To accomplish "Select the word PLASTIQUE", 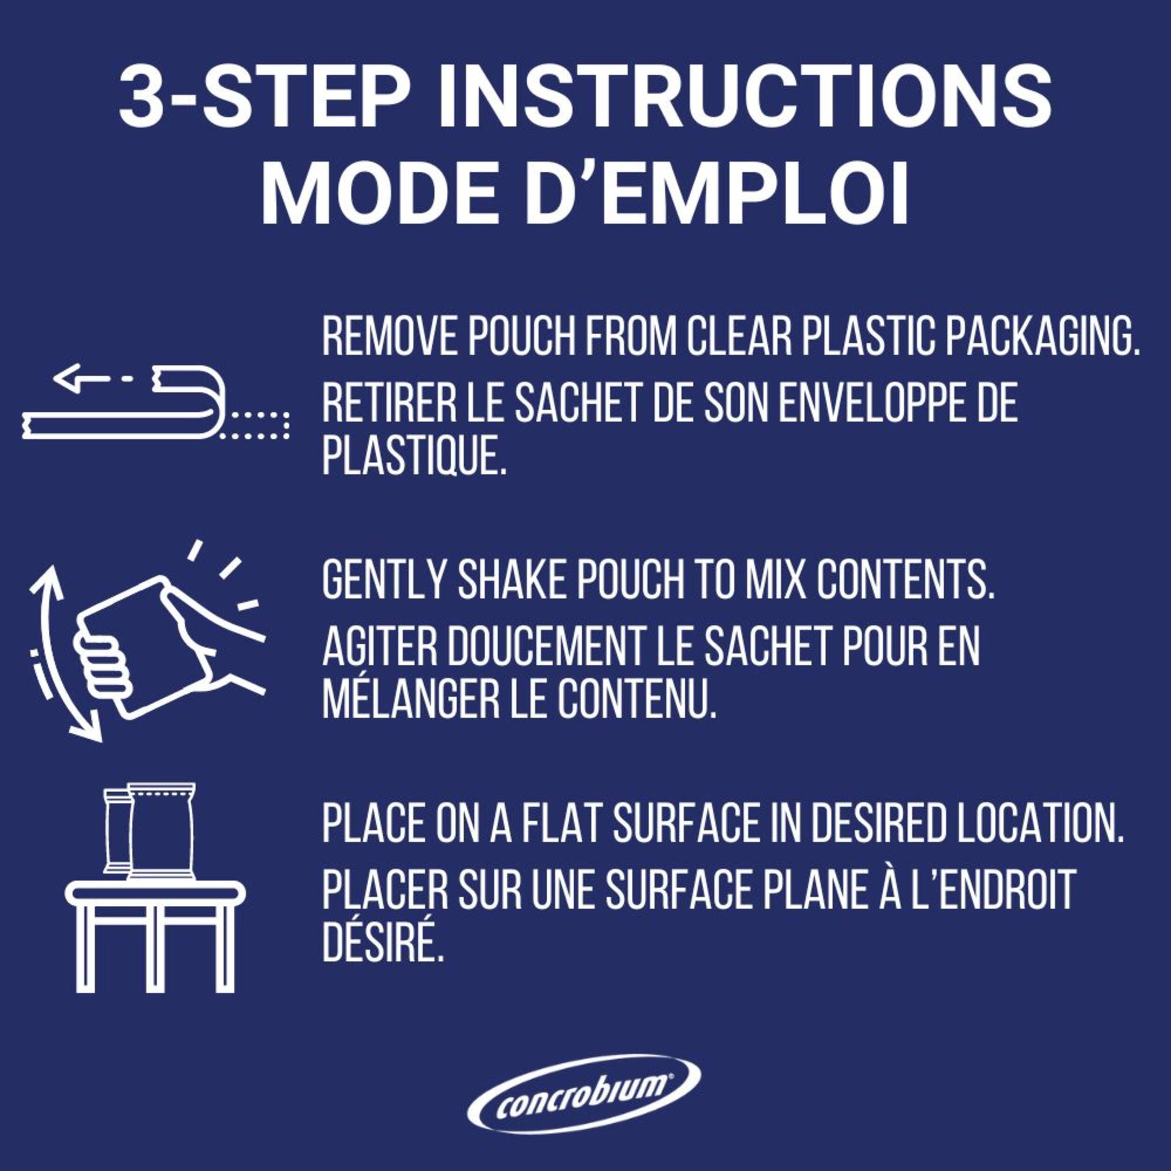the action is (414, 456).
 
